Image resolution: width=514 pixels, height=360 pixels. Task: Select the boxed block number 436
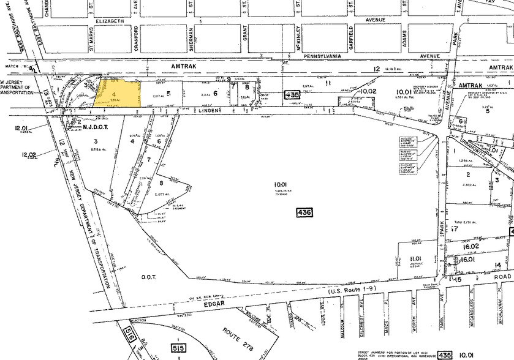(303, 212)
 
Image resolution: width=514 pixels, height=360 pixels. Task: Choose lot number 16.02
(471, 246)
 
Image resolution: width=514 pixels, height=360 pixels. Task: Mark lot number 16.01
(467, 260)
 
